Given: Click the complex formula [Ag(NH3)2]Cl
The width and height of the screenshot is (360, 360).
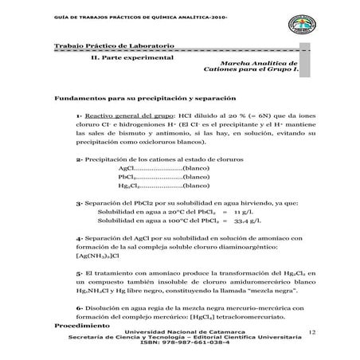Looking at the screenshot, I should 98,256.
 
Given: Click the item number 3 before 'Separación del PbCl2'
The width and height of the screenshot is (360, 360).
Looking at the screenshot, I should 79,203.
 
